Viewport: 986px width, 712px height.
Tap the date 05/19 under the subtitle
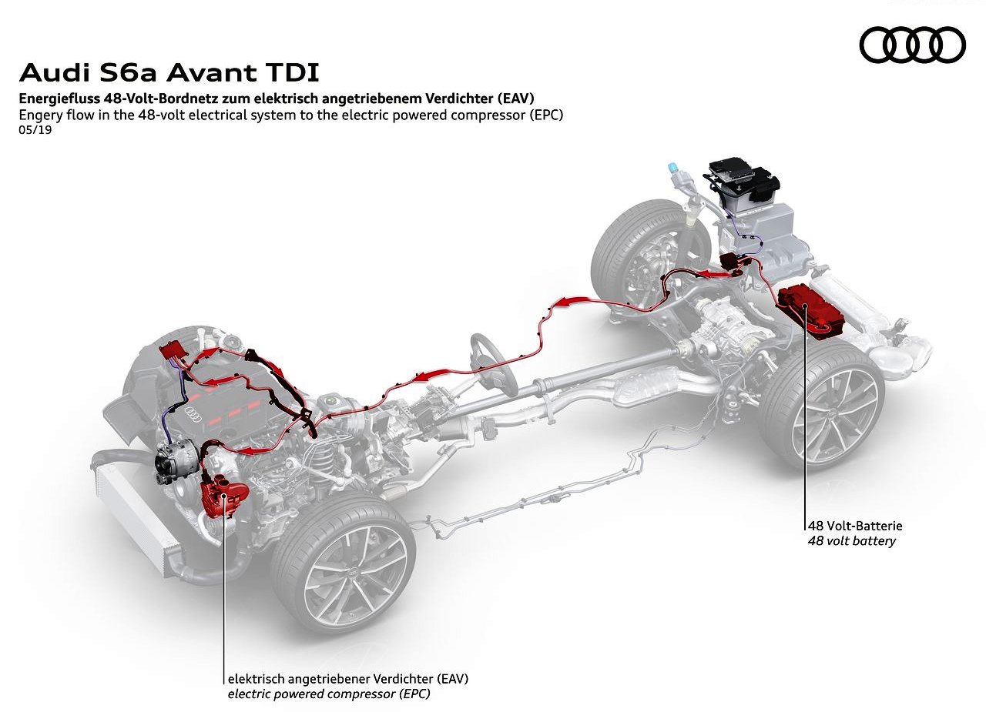tap(35, 130)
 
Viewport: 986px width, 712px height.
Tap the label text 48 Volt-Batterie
tap(855, 526)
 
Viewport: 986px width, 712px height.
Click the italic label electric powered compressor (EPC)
tap(329, 694)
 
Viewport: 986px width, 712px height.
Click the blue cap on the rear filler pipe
tap(672, 168)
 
